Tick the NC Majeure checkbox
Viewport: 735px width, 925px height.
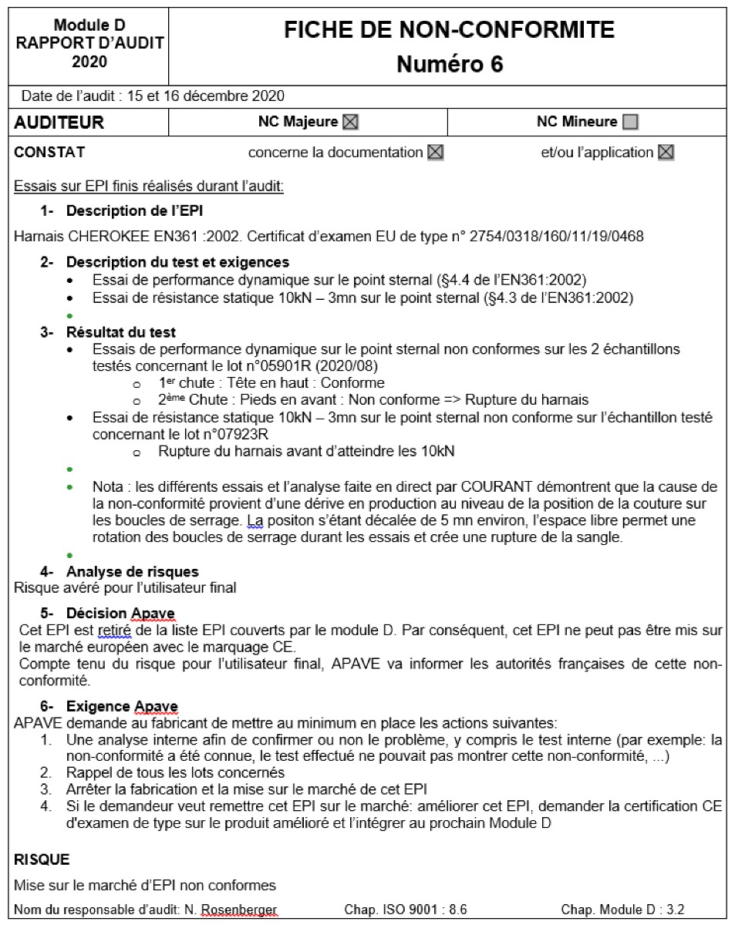[351, 122]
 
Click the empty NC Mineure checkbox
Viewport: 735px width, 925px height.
[630, 122]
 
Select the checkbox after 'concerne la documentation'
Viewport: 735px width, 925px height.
[436, 153]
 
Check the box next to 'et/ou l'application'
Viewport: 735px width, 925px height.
[666, 153]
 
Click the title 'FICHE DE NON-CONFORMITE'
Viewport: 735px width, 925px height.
[449, 30]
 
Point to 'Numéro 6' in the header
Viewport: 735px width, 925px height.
[450, 65]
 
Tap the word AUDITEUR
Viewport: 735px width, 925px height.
[59, 123]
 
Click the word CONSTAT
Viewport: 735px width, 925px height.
[49, 153]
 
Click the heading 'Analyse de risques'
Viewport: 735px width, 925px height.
[133, 572]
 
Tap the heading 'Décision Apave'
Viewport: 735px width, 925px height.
[121, 614]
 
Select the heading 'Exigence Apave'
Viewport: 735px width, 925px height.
[123, 706]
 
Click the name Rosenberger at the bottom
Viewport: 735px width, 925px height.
[238, 910]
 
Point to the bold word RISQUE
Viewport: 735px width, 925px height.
[42, 859]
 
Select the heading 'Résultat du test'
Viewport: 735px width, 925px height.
[121, 332]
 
